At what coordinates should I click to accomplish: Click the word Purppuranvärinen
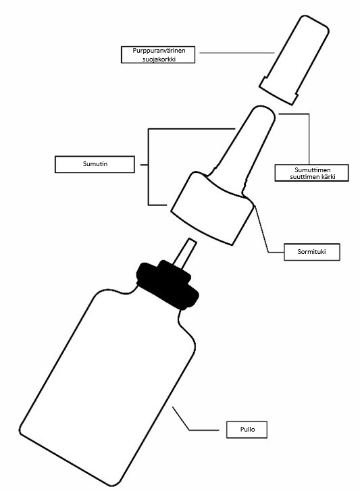coord(159,51)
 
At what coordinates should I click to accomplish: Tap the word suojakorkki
coord(159,59)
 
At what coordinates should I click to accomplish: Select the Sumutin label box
coord(95,164)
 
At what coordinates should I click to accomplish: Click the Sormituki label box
coord(312,251)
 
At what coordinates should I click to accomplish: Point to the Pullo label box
coord(247,430)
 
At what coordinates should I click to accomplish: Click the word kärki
coord(327,176)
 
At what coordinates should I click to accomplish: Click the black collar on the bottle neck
coord(168,285)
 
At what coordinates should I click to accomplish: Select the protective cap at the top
coord(294,59)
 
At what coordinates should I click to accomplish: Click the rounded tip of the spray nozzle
coord(265,113)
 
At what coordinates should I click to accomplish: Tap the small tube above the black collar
coord(184,253)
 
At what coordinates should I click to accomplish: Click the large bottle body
coord(108,385)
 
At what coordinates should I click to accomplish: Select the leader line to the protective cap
coord(237,53)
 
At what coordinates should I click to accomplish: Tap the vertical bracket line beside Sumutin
coord(149,167)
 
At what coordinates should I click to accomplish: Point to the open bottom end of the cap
coord(278,94)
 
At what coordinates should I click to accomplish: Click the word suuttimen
coord(303,176)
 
